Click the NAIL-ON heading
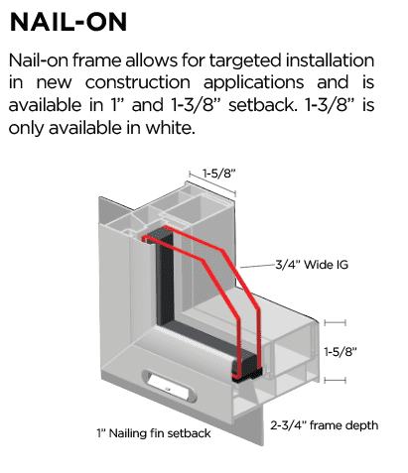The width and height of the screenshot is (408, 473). click(x=68, y=22)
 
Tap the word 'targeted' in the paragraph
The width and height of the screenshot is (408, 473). click(x=245, y=60)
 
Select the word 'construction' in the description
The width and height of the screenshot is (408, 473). click(x=138, y=82)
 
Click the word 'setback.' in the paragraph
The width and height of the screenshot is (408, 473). click(x=261, y=105)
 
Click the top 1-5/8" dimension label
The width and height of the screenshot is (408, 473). click(x=219, y=174)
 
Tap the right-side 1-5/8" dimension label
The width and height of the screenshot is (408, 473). click(x=340, y=351)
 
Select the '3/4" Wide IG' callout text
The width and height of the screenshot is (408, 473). click(x=312, y=265)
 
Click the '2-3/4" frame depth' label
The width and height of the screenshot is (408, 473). click(x=325, y=425)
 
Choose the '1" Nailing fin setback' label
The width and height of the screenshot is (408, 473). click(x=154, y=433)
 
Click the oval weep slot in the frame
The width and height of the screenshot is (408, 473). click(x=169, y=386)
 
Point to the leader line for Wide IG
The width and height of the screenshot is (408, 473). click(x=258, y=266)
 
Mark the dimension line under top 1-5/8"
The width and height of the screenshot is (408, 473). click(x=212, y=183)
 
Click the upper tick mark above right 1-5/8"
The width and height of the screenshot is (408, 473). click(x=335, y=322)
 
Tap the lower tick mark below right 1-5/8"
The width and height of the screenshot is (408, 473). click(x=335, y=380)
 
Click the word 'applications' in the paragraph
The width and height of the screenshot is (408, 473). click(x=253, y=83)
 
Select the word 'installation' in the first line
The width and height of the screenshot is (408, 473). click(x=330, y=60)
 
